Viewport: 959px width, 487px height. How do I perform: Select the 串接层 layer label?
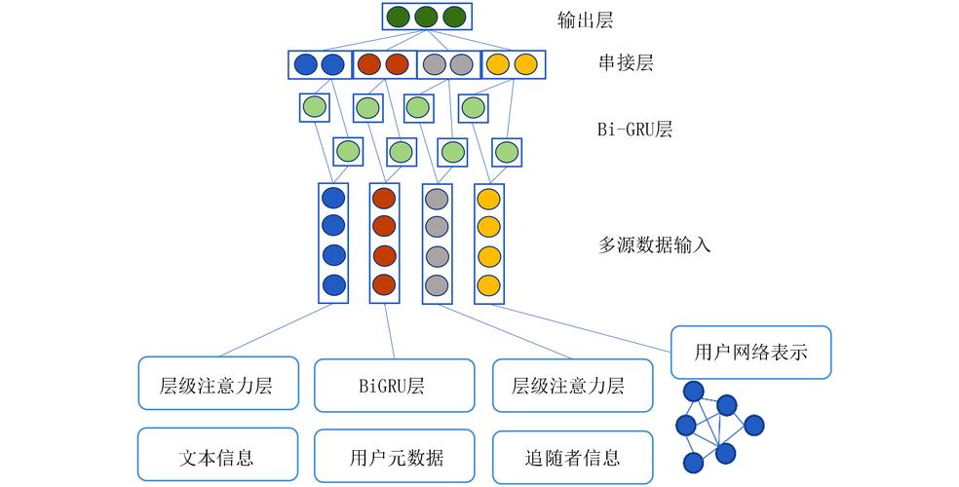(626, 64)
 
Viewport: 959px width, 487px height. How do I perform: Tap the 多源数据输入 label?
(654, 244)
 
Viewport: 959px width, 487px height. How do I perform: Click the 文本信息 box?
(217, 457)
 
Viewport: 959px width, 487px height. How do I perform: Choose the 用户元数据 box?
(395, 457)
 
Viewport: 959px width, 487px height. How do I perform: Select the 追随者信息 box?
(572, 457)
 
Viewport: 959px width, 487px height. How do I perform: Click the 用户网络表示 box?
(751, 352)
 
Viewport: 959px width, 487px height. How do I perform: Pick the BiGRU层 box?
(395, 386)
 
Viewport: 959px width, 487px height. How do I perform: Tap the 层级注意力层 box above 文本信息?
(217, 386)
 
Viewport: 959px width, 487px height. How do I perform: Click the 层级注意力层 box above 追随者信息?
(572, 386)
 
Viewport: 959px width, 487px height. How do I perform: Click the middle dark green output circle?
(426, 18)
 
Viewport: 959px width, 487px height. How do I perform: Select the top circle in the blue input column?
(333, 198)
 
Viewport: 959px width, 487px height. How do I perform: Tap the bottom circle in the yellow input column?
(488, 286)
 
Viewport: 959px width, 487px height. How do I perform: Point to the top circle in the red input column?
(384, 198)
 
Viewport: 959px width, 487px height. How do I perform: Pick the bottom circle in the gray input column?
(436, 286)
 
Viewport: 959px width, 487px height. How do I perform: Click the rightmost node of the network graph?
(754, 425)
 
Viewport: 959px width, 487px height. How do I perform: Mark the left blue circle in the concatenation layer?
(305, 65)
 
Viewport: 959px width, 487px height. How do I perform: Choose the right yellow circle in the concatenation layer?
(525, 65)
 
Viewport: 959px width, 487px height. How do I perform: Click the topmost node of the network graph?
(693, 392)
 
